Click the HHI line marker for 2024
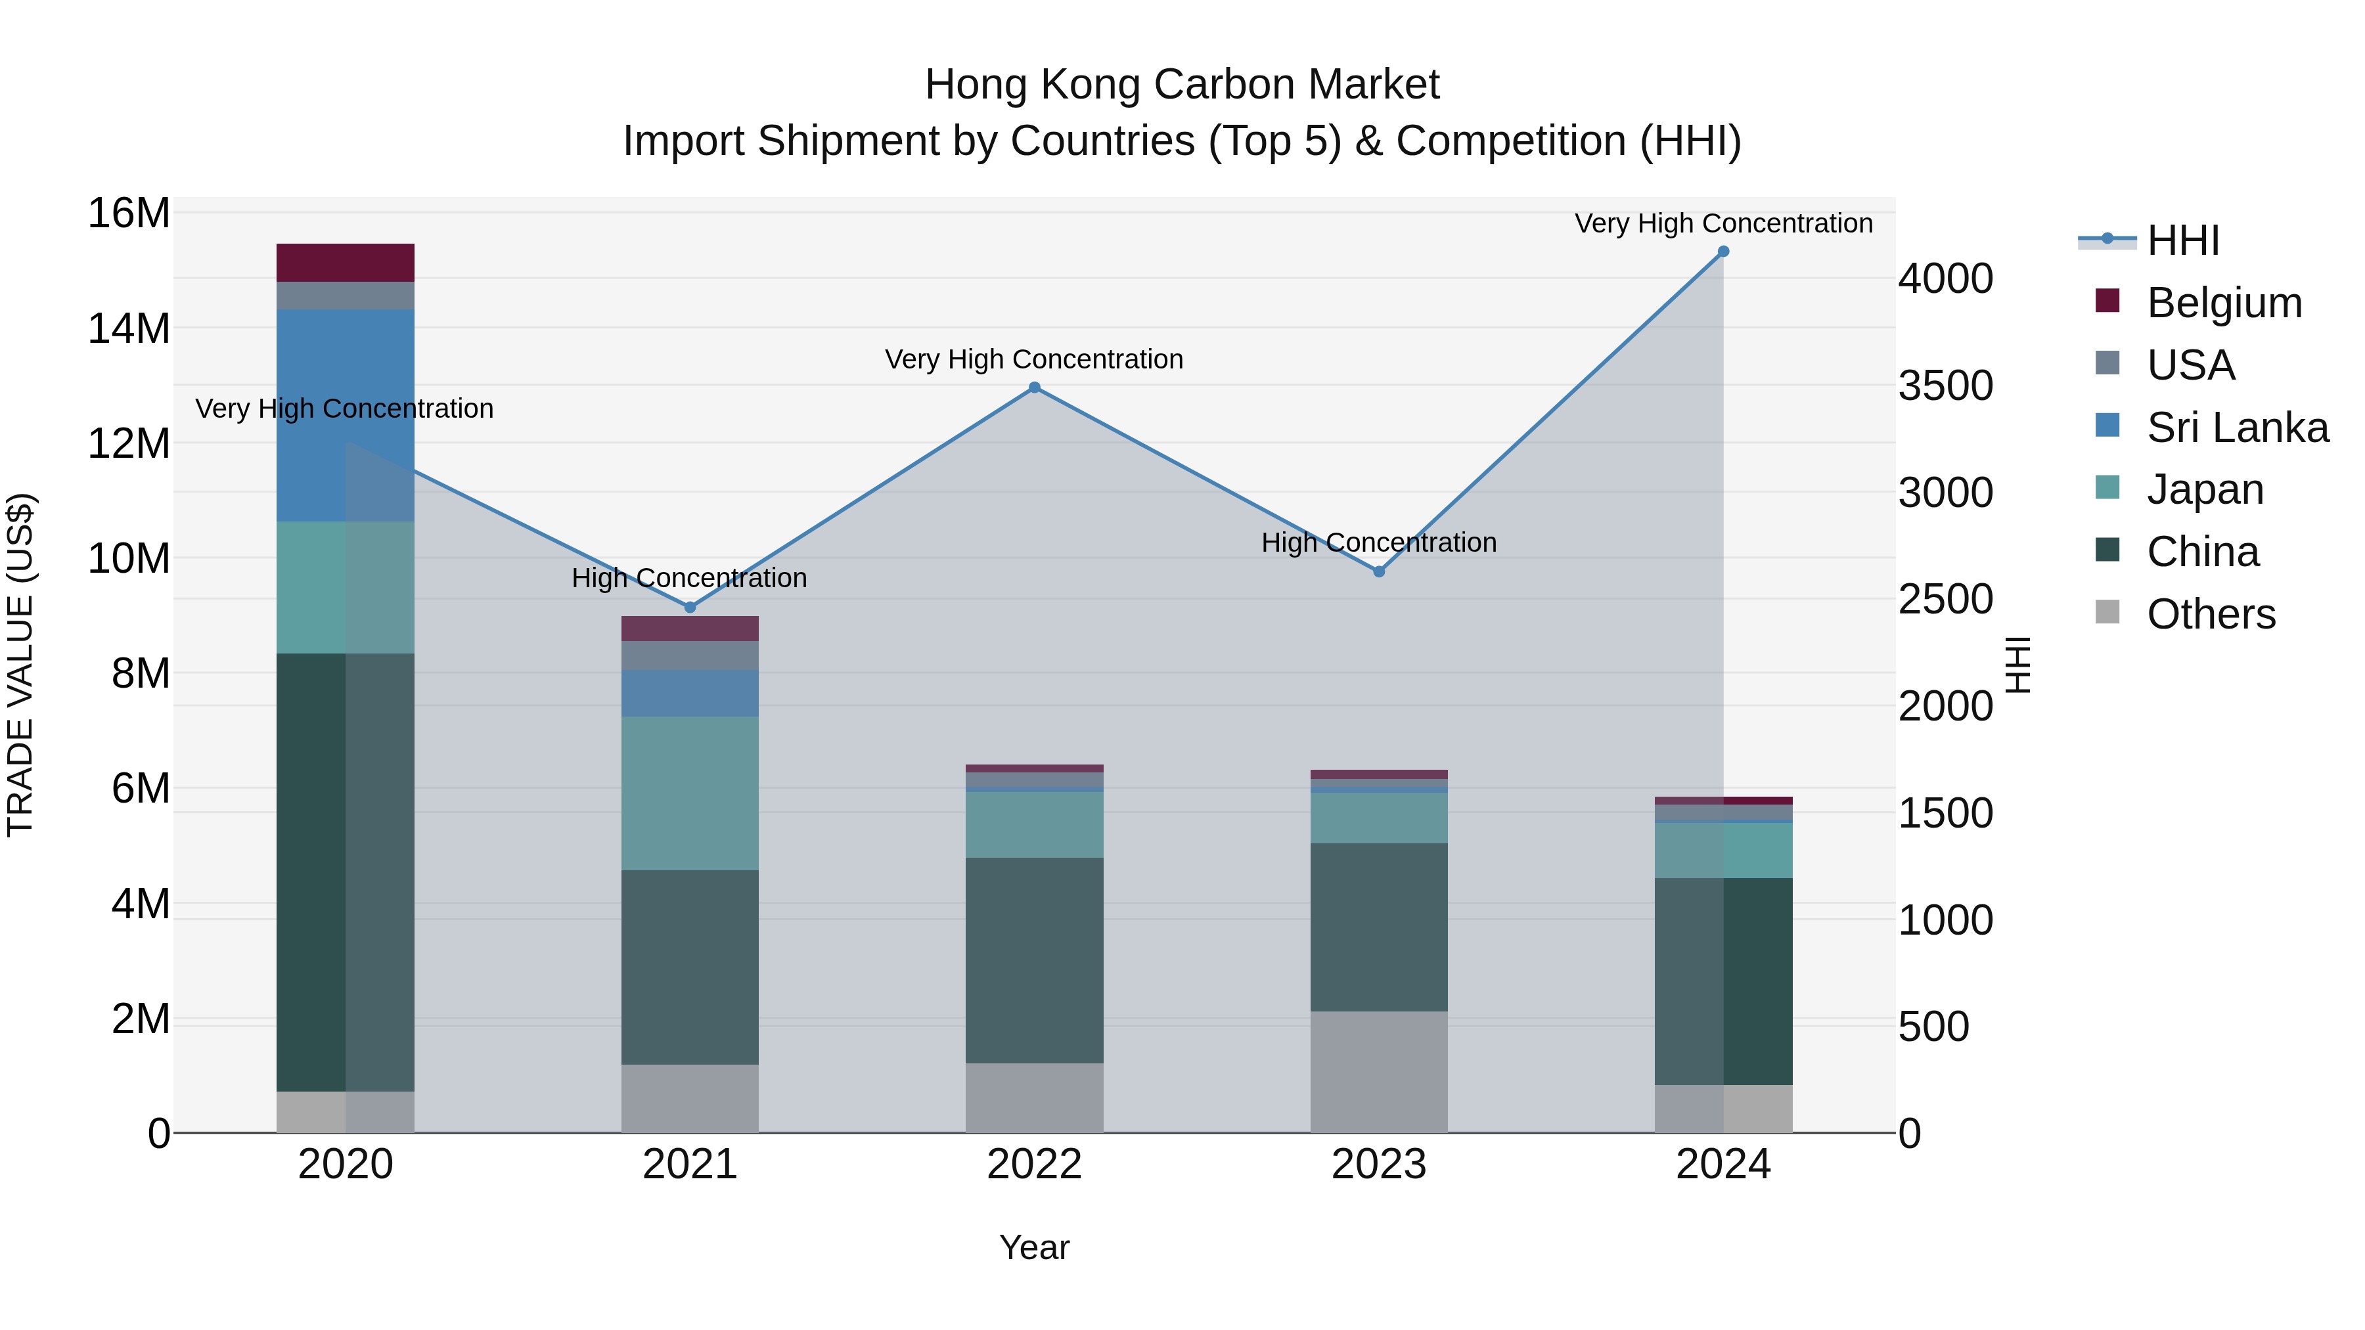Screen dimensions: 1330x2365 [1723, 252]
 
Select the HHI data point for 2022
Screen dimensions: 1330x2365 [1034, 388]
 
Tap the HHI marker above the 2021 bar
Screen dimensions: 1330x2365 [690, 607]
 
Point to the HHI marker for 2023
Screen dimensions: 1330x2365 [1378, 571]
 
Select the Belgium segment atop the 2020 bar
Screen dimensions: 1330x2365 [345, 263]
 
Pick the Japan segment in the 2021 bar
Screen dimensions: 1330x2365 [690, 793]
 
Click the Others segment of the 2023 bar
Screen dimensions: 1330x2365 [1378, 1071]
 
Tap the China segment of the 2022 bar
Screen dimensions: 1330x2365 [1034, 960]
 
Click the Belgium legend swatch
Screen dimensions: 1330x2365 [2108, 301]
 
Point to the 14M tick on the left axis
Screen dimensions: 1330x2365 [129, 328]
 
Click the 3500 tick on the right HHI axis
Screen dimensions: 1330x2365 [1945, 386]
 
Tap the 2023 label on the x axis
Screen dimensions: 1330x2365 [1378, 1164]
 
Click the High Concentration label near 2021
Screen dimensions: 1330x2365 [690, 578]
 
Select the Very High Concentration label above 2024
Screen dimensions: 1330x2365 [1723, 223]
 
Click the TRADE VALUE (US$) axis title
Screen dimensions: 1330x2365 [20, 665]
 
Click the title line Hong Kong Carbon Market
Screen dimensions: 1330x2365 [1182, 85]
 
